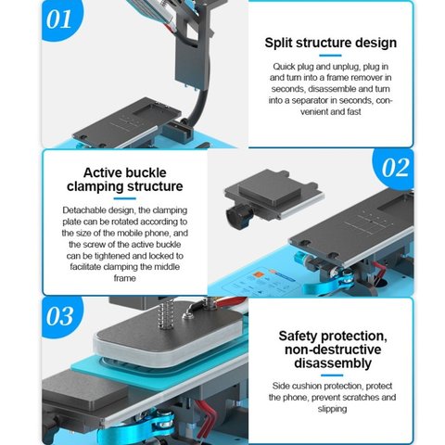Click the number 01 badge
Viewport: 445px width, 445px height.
(x=61, y=19)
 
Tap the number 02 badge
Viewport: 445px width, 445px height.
(x=395, y=169)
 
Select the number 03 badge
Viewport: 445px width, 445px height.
(x=61, y=316)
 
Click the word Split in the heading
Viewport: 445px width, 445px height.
(x=278, y=43)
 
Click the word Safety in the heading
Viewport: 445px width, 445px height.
(x=298, y=337)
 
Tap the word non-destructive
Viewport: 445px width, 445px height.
(x=333, y=350)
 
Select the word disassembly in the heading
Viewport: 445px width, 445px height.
(x=333, y=363)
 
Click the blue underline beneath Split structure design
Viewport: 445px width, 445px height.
(x=330, y=56)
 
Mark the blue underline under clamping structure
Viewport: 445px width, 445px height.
(x=125, y=198)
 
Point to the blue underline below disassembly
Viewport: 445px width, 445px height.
(x=332, y=375)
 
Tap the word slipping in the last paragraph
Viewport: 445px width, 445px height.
(x=332, y=409)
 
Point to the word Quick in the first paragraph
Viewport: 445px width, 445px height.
(x=284, y=67)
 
